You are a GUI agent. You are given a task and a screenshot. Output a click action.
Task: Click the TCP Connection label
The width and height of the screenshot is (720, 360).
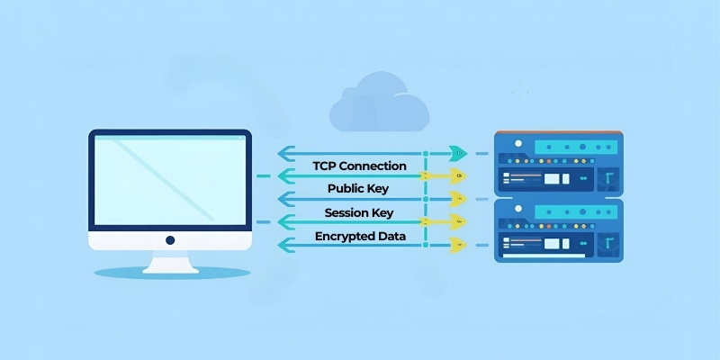coord(359,166)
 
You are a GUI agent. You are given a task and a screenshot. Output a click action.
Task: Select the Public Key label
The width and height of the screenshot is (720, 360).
coord(359,189)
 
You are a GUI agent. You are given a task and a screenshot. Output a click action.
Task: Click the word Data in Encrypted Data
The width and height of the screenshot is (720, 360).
coord(391,236)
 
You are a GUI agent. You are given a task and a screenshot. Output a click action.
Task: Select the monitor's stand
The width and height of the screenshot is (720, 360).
coord(170,262)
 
